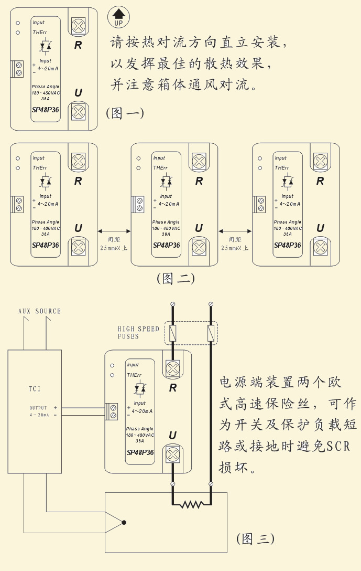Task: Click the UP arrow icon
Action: [x=118, y=18]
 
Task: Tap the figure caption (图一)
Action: [x=125, y=113]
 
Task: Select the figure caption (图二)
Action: [x=176, y=278]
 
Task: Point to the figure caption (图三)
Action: [x=255, y=538]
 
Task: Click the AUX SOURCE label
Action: [x=40, y=311]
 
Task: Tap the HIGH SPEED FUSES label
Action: [x=138, y=333]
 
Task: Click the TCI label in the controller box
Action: [x=35, y=389]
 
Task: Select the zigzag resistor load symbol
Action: [x=192, y=504]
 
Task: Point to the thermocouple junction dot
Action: [x=124, y=522]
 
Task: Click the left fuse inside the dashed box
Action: [x=173, y=333]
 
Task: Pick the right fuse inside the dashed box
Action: [x=211, y=333]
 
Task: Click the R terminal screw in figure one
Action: [x=78, y=25]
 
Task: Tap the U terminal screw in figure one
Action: [x=78, y=111]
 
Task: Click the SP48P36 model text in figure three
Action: [x=140, y=452]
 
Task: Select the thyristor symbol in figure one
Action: [x=46, y=47]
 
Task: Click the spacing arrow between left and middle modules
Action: [x=114, y=231]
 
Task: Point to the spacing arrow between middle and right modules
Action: [x=235, y=231]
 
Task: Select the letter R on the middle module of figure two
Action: [x=199, y=182]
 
